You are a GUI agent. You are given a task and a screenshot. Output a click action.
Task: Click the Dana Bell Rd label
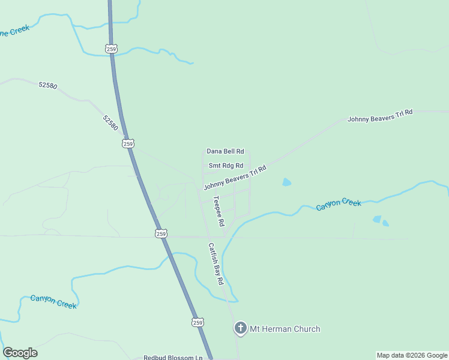pos(225,152)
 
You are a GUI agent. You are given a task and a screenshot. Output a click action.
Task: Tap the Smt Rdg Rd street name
pos(226,166)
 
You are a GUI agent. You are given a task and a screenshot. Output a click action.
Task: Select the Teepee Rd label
pos(218,211)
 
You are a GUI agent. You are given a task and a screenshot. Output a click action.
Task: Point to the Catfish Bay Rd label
pos(215,263)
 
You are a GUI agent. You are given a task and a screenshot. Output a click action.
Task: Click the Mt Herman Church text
pos(285,329)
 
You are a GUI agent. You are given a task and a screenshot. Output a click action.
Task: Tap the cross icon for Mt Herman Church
pos(240,328)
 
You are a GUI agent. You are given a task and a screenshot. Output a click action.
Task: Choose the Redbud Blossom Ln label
pos(173,358)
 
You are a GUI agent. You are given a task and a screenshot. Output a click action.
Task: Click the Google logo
pos(20,353)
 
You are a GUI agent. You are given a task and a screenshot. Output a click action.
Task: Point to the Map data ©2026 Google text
pos(412,355)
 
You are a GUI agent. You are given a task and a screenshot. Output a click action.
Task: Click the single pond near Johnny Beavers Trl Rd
pos(287,182)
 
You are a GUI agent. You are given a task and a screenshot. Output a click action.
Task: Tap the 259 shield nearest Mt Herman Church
pos(198,322)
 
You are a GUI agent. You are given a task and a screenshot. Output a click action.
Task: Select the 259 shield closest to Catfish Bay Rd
pos(160,233)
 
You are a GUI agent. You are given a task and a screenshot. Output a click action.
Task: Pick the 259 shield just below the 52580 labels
pos(127,143)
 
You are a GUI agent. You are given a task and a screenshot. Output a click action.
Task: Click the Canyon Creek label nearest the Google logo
pos(53,301)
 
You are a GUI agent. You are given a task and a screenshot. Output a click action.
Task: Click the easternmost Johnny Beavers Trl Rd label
pos(380,116)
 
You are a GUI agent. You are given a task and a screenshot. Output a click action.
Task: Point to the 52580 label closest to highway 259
pos(110,123)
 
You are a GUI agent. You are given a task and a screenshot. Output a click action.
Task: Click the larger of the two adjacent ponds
pos(376,220)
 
